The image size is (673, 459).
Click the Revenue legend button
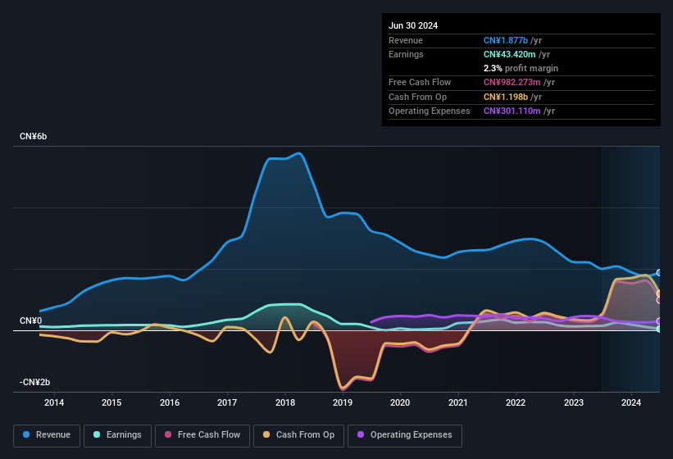pyautogui.click(x=47, y=435)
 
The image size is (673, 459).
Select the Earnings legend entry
pyautogui.click(x=117, y=435)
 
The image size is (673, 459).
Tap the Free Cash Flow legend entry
pyautogui.click(x=203, y=435)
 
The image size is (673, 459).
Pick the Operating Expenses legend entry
pyautogui.click(x=405, y=435)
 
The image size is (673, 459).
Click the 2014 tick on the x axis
pyautogui.click(x=54, y=402)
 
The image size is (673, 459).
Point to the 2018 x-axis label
pyautogui.click(x=285, y=402)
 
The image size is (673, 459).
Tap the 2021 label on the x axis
pyautogui.click(x=458, y=402)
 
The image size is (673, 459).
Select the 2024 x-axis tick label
pyautogui.click(x=631, y=402)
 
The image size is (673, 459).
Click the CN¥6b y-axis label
pyautogui.click(x=34, y=136)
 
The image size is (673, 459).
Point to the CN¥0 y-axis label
pyautogui.click(x=31, y=320)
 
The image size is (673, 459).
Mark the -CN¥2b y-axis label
pyautogui.click(x=34, y=383)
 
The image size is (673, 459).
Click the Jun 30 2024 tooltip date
pyautogui.click(x=413, y=25)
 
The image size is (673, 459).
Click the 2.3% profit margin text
pyautogui.click(x=521, y=68)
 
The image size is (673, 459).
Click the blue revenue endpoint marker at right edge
pyautogui.click(x=659, y=273)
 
